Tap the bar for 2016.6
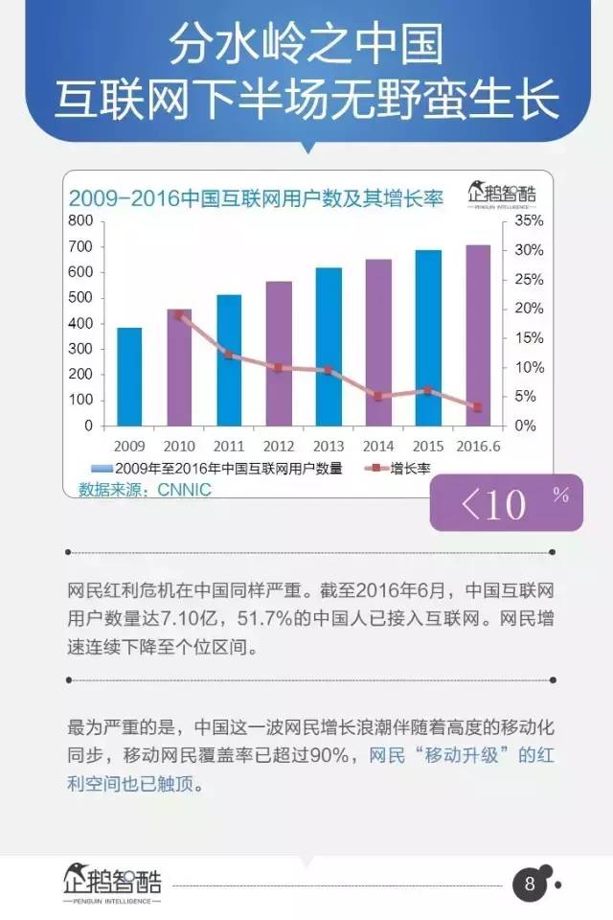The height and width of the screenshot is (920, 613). (478, 334)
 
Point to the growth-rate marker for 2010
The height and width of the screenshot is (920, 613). (179, 314)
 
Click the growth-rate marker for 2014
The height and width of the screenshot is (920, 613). (378, 396)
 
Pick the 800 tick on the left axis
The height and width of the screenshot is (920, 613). (80, 221)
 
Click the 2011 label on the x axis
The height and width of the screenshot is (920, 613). (229, 447)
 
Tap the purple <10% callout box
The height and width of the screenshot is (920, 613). (506, 502)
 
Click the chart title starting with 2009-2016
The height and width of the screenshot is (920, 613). (254, 198)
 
